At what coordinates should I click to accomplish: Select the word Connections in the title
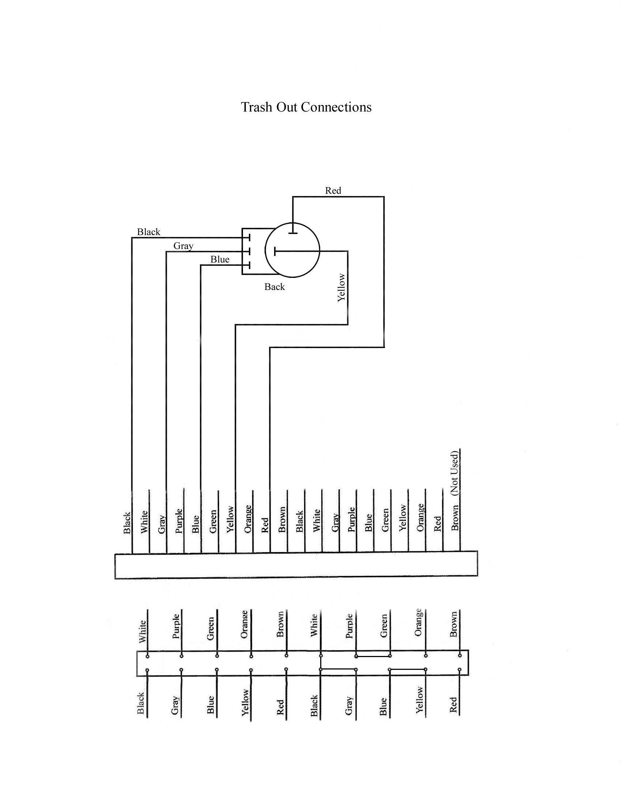[336, 107]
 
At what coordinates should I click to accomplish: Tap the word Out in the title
[287, 107]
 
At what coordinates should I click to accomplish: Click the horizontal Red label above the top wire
[333, 190]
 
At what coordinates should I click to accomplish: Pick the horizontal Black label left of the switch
[149, 232]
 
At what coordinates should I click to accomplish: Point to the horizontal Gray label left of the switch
[183, 246]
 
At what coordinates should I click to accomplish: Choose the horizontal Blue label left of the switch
[220, 260]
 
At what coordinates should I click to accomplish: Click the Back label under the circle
[274, 287]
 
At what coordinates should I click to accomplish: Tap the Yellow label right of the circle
[341, 287]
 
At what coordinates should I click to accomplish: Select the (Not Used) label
[454, 473]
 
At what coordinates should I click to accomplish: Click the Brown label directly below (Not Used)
[455, 518]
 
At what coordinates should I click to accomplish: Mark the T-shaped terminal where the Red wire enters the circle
[293, 233]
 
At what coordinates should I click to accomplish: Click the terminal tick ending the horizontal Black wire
[249, 238]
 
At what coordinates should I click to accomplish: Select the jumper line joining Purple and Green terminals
[373, 656]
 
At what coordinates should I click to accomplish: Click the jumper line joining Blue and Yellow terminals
[407, 669]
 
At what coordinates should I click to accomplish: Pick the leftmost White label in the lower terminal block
[143, 631]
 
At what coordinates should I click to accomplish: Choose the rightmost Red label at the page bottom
[453, 705]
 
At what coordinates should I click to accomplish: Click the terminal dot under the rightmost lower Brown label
[460, 656]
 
